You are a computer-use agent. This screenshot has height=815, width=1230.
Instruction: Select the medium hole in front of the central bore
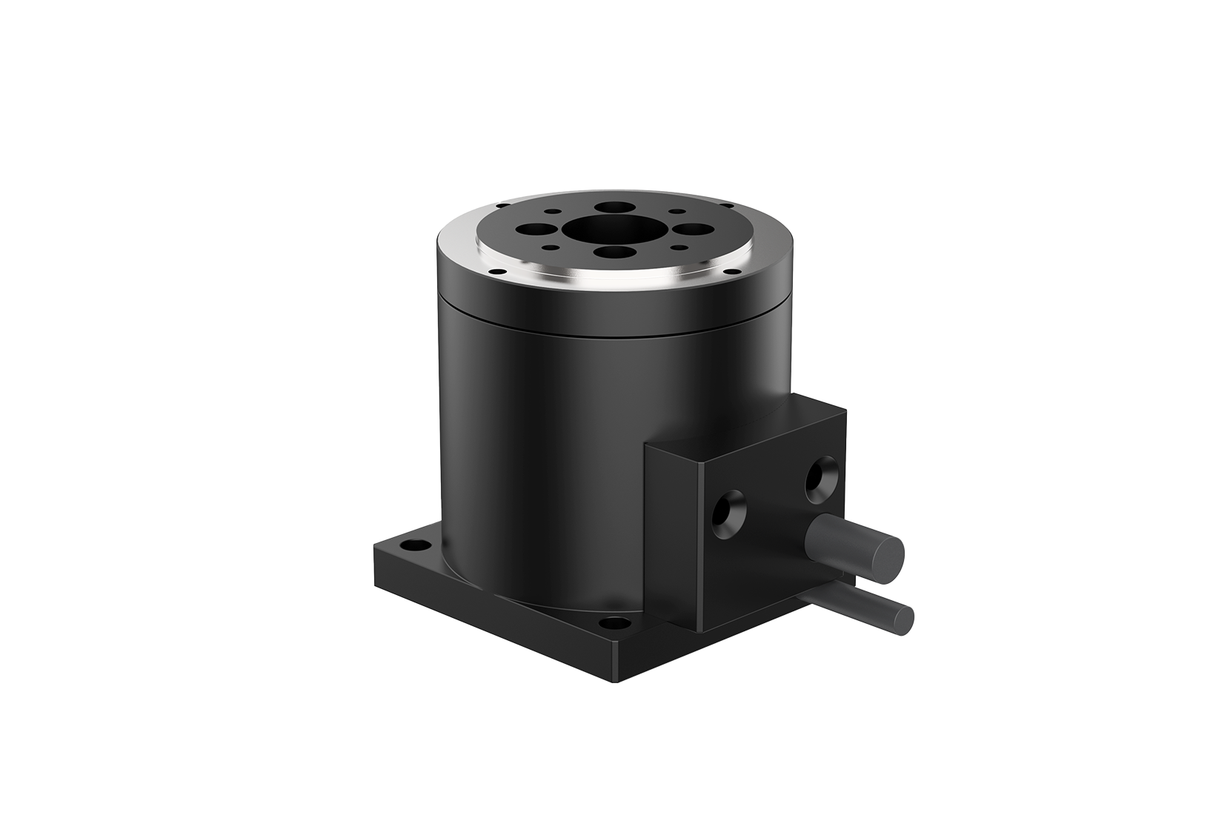click(x=615, y=252)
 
